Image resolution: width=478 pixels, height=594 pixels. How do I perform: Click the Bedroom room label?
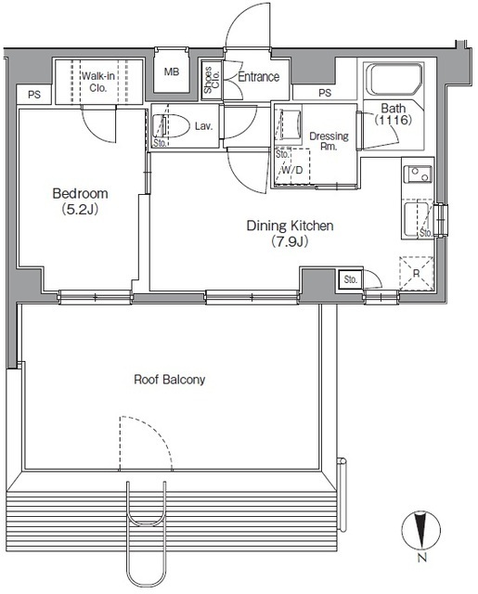pos(81,194)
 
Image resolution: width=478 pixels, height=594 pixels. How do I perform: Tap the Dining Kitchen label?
pos(291,226)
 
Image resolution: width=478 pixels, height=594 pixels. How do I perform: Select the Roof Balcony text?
pos(170,380)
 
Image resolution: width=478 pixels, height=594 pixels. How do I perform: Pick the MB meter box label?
pos(172,71)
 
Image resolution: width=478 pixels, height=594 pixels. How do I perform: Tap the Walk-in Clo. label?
pos(98,82)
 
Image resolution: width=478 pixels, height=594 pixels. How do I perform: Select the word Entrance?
pos(259,77)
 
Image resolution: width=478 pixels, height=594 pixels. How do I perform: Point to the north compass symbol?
pos(420,531)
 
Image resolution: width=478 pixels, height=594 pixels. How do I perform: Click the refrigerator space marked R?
pos(416,274)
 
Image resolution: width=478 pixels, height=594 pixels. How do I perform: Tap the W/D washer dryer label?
pos(292,170)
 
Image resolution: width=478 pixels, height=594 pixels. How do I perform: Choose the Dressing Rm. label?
pos(329,141)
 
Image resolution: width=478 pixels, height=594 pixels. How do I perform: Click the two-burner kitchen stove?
pos(419,174)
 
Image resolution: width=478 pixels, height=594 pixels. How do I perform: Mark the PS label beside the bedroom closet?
pos(34,95)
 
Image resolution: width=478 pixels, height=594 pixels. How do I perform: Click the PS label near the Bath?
pos(325,93)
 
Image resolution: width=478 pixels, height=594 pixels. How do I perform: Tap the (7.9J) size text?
pos(290,241)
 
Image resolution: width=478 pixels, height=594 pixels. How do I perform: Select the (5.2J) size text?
pos(81,209)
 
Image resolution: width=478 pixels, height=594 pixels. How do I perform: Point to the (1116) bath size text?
pos(394,120)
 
